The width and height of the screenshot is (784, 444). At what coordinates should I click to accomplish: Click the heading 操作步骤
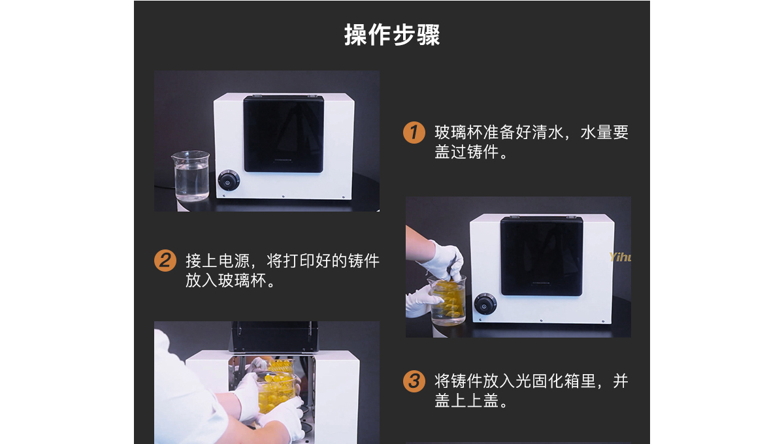click(x=392, y=35)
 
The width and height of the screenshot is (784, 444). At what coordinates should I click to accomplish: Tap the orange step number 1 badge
click(x=414, y=133)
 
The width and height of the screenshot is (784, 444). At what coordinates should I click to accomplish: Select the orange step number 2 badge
click(x=165, y=261)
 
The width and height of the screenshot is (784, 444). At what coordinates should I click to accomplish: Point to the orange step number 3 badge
click(x=414, y=381)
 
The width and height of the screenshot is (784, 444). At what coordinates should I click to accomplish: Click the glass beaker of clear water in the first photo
click(x=191, y=176)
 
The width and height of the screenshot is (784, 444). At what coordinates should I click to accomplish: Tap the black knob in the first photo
click(x=229, y=181)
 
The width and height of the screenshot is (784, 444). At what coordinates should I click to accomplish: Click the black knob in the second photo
click(x=485, y=304)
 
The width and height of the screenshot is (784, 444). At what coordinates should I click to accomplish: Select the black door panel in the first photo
click(x=284, y=134)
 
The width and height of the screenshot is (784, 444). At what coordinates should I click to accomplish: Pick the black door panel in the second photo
click(x=542, y=256)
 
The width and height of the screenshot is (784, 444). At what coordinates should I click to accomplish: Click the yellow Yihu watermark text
click(x=620, y=257)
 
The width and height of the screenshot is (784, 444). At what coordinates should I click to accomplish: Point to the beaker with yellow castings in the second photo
click(x=448, y=300)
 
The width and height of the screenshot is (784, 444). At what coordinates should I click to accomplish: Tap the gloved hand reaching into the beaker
click(x=444, y=261)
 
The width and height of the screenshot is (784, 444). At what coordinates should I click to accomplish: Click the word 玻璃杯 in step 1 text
click(x=459, y=133)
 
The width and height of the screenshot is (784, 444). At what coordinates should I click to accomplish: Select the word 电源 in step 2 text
click(x=234, y=261)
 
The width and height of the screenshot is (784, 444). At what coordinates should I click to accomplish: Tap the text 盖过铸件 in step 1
click(x=466, y=152)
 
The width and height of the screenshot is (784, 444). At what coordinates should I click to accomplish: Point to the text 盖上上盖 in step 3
click(x=466, y=401)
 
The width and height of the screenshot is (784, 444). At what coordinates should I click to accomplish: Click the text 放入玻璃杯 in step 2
click(x=226, y=281)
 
